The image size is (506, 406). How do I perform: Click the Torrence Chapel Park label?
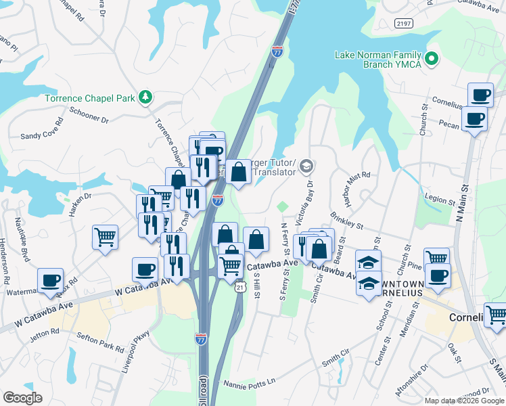point(89,98)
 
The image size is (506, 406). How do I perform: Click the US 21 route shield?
point(239,288)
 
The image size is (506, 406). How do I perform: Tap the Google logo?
point(22,398)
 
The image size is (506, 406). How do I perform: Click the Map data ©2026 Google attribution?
point(463,401)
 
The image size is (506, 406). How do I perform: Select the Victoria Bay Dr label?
point(309,200)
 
